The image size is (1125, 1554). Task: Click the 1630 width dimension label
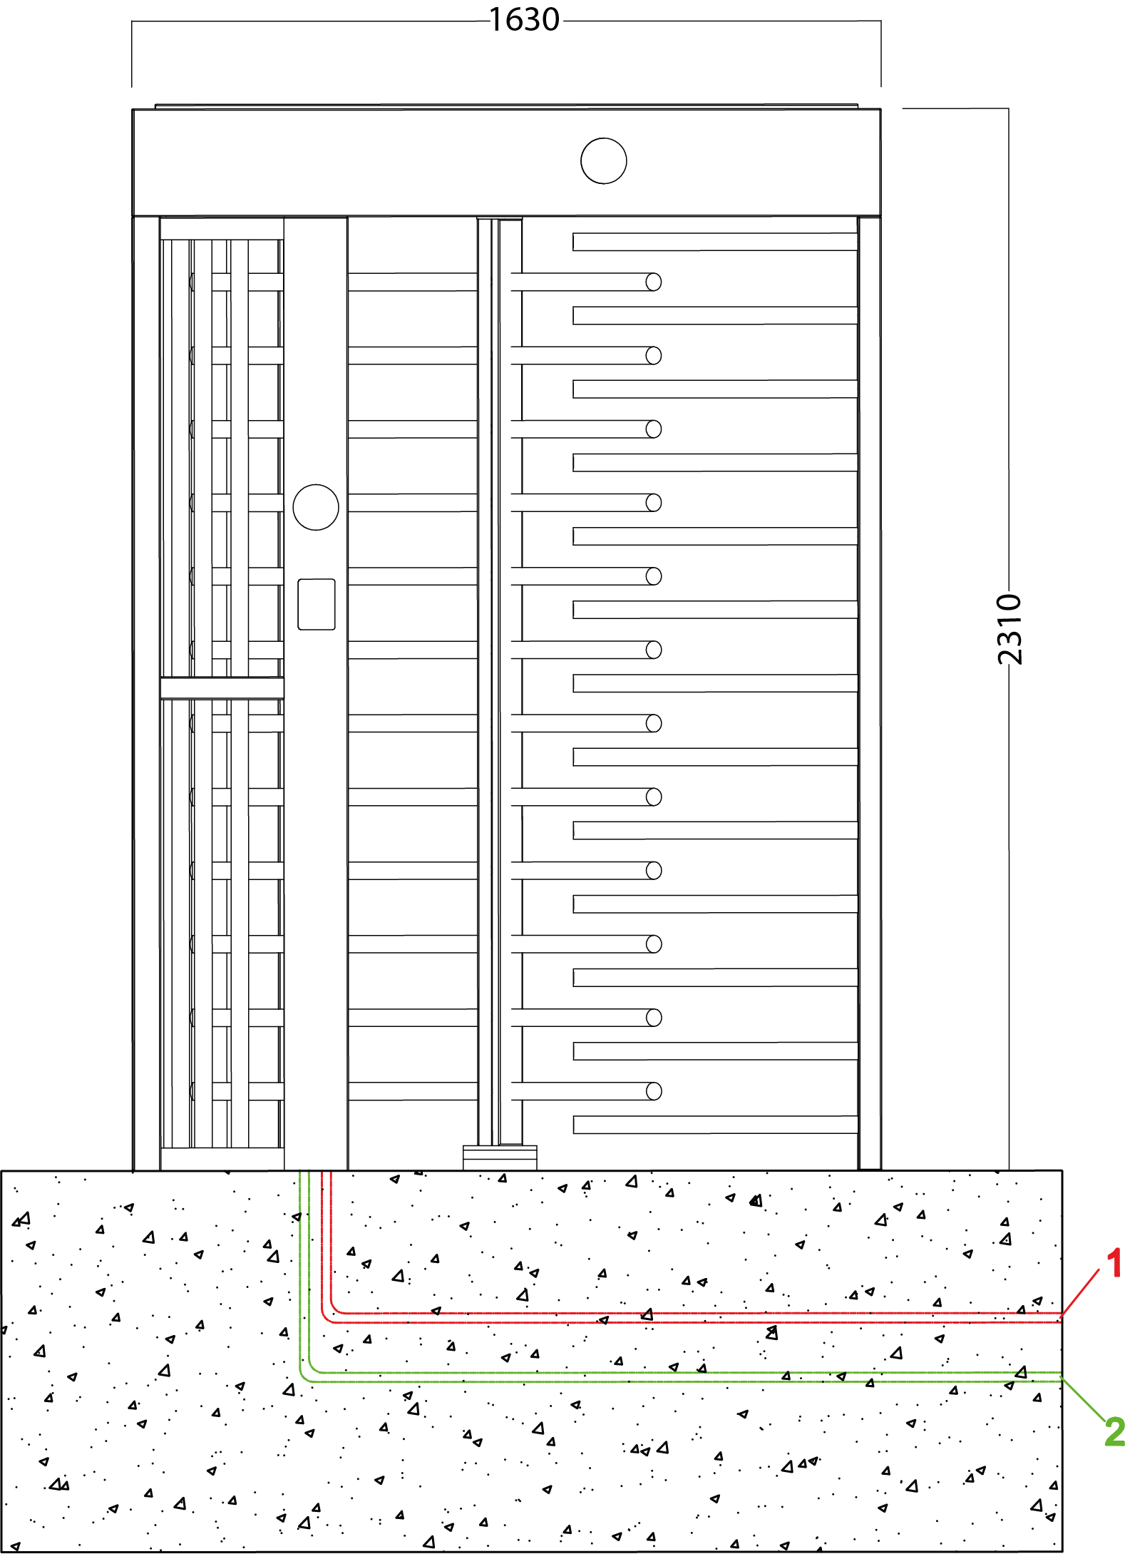click(525, 20)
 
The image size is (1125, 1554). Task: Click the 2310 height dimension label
click(1009, 629)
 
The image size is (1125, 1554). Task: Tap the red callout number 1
click(1114, 1262)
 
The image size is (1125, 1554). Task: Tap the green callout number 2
click(1114, 1431)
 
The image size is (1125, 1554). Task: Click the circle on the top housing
click(604, 161)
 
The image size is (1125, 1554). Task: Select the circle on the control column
click(316, 507)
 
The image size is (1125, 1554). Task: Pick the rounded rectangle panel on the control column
click(317, 604)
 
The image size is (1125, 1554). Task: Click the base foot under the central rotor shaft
click(500, 1157)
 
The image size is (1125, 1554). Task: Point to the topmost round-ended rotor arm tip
click(654, 282)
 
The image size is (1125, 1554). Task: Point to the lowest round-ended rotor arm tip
click(654, 1091)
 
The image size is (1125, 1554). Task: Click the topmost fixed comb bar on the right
click(715, 242)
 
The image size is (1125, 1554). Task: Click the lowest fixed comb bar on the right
click(715, 1125)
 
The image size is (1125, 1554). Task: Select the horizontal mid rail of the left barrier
click(222, 688)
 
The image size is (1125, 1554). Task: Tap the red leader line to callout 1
click(1080, 1292)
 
